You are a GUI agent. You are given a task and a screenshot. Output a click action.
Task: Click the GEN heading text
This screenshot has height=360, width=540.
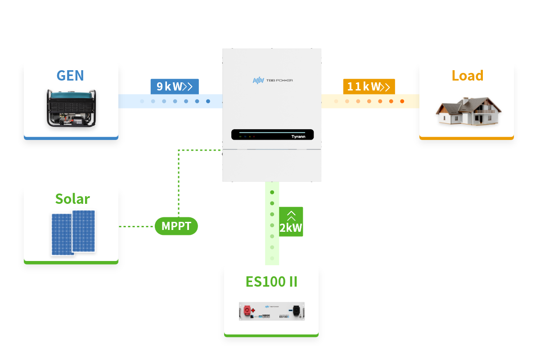click(x=70, y=75)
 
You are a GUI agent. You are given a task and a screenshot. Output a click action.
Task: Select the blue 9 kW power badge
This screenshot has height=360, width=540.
click(x=175, y=86)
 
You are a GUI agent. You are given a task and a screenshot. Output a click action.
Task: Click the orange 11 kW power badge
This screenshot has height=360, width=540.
click(x=369, y=86)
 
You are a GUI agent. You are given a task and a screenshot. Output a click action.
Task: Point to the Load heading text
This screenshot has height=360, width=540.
click(x=467, y=75)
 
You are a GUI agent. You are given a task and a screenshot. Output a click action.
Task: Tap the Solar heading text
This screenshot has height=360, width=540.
click(x=72, y=198)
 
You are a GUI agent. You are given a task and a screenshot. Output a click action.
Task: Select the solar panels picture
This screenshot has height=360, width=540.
click(x=73, y=232)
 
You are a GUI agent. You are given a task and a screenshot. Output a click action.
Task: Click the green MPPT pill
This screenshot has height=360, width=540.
click(x=176, y=226)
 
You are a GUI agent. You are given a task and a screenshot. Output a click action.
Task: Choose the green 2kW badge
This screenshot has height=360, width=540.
click(x=291, y=221)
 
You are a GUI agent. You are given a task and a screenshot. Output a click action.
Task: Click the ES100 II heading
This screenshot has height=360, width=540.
click(x=271, y=282)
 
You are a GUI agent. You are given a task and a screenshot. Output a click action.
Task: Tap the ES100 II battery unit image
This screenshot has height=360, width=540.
click(x=271, y=311)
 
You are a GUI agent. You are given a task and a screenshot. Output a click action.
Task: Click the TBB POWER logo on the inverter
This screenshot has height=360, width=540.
click(x=273, y=80)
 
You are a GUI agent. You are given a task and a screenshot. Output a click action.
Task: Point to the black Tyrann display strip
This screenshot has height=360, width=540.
click(x=272, y=135)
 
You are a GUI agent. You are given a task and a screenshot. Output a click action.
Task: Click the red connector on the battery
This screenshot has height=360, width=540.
click(x=247, y=310)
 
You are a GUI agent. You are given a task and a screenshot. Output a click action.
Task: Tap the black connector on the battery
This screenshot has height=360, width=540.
click(x=296, y=310)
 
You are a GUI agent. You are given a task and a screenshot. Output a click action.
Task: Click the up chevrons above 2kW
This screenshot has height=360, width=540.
click(x=291, y=215)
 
